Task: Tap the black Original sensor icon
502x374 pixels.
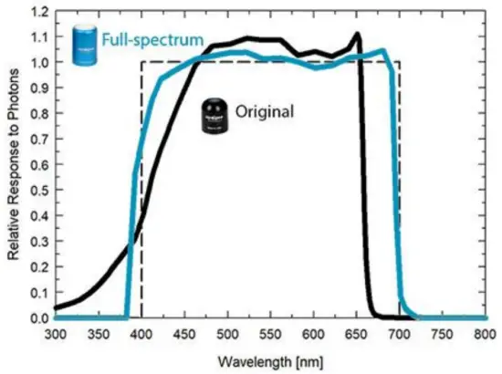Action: (214, 115)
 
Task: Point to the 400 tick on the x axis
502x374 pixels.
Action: (141, 336)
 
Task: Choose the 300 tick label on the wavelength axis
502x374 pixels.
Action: (56, 336)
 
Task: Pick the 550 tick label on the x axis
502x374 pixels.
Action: (270, 336)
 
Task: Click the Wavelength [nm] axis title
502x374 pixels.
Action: (271, 360)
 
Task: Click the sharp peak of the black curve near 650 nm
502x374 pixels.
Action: (357, 35)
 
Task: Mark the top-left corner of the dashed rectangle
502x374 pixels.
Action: (141, 62)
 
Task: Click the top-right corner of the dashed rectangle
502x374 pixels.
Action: (400, 62)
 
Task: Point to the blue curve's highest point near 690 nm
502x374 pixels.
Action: (382, 50)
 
